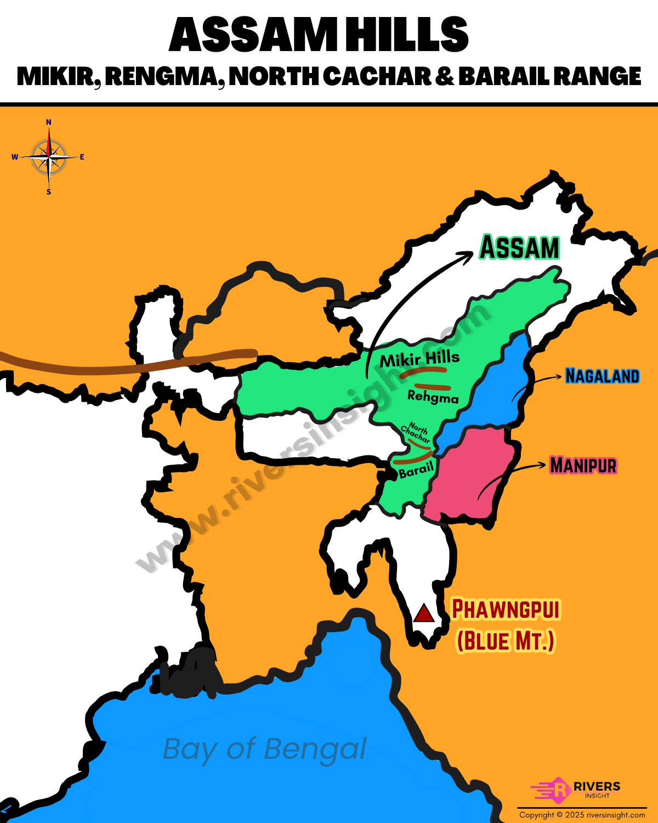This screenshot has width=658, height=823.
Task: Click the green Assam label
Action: click(520, 248)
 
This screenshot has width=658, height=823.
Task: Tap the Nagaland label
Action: click(602, 376)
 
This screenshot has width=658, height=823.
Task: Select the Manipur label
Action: click(583, 465)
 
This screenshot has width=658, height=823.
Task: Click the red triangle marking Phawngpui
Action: click(424, 613)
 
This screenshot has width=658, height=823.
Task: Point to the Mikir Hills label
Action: click(419, 359)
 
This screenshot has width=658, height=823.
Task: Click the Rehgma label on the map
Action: click(433, 397)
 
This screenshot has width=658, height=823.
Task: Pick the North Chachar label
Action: click(416, 432)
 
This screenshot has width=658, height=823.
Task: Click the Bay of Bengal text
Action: click(264, 749)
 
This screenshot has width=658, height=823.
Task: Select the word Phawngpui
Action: click(506, 610)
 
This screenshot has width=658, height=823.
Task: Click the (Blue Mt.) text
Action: click(506, 641)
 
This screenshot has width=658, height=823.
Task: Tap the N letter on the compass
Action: click(49, 122)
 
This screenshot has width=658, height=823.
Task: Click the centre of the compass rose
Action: click(49, 157)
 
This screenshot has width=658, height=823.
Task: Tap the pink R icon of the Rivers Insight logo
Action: click(559, 790)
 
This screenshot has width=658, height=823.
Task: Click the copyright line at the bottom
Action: click(582, 815)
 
